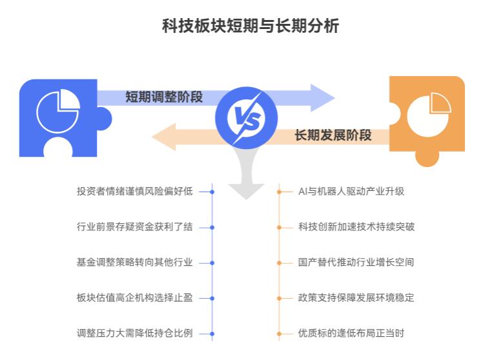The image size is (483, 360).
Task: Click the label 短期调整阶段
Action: (x=164, y=97)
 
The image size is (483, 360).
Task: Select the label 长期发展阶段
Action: (x=333, y=135)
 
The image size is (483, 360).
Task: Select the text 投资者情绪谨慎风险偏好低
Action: (x=134, y=192)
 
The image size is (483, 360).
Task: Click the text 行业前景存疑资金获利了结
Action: (x=134, y=227)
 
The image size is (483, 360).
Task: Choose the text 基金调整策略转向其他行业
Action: (x=134, y=263)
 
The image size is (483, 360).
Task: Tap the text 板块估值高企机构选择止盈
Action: (x=134, y=298)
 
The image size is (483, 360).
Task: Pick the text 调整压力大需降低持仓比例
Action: (x=134, y=334)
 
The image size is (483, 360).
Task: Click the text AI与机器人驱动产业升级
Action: (x=351, y=192)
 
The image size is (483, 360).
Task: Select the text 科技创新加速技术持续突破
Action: (x=356, y=227)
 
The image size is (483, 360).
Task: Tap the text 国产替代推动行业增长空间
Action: (x=356, y=263)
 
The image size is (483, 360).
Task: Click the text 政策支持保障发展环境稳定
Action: (x=356, y=298)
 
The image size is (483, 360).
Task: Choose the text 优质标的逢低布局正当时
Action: (x=351, y=334)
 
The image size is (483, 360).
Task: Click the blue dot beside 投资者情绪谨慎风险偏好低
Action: (x=212, y=192)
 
